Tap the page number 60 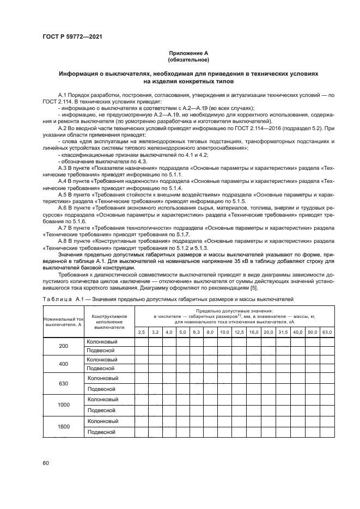coord(46,463)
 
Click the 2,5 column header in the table coord(141,332)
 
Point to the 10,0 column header coord(224,332)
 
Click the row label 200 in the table coord(64,346)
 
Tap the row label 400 coord(64,364)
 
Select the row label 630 coord(64,383)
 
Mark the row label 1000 coord(64,405)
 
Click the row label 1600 coord(64,426)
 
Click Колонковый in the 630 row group coord(102,378)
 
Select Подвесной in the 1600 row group coord(101,432)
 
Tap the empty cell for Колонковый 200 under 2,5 coord(141,342)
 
